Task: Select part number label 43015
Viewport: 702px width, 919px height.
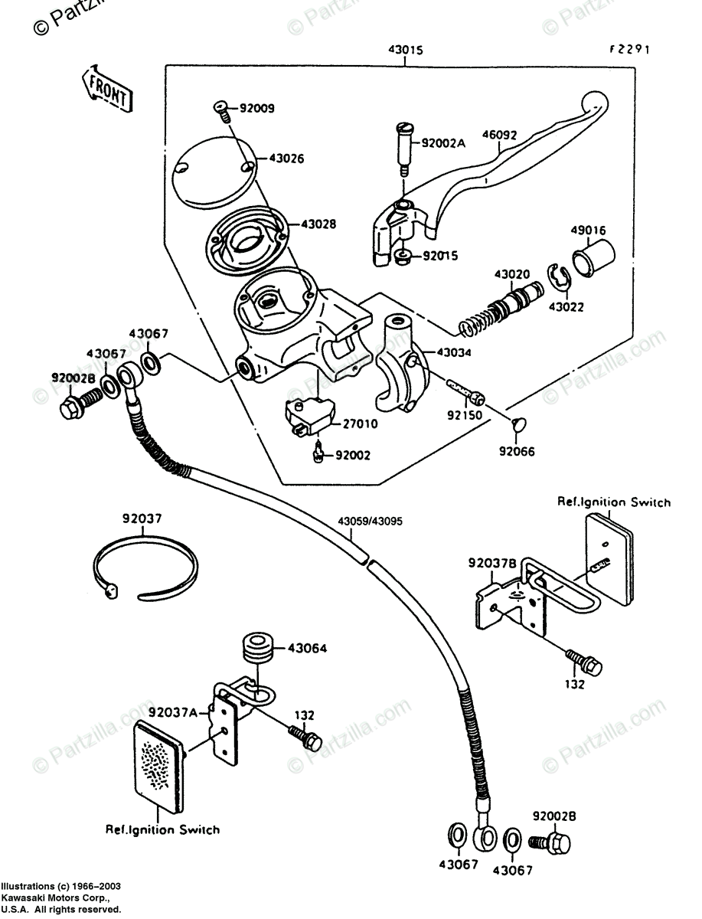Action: [x=405, y=50]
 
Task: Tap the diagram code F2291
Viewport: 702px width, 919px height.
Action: [x=629, y=50]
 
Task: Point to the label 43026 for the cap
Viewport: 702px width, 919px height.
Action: [x=286, y=159]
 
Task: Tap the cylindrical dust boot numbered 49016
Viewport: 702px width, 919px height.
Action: [x=594, y=258]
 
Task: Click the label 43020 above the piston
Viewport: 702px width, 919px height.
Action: [x=511, y=273]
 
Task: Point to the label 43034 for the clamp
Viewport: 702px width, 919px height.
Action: [x=455, y=353]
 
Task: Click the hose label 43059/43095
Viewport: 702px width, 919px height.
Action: [x=371, y=522]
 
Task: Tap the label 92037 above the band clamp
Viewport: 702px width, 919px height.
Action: [x=142, y=518]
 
